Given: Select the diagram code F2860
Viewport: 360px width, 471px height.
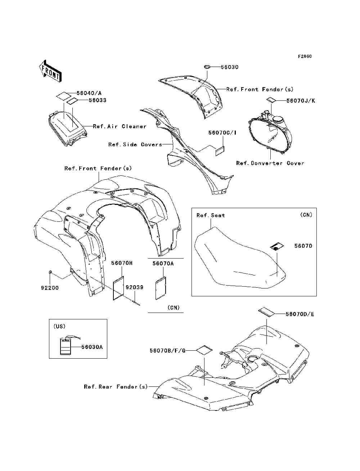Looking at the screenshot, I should tap(305, 57).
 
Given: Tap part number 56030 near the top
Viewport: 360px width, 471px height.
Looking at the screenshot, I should tap(229, 67).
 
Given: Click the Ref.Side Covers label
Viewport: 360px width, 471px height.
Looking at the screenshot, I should tap(135, 144).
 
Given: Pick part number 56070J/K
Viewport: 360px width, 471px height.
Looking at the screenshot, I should tap(301, 101).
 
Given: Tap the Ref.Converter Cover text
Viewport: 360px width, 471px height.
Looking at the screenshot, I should tap(270, 163).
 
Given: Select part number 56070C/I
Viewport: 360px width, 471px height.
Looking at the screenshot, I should tap(222, 133).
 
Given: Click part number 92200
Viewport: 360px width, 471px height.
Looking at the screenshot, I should tap(50, 288).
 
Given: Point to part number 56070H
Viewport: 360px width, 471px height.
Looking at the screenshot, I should tap(122, 263).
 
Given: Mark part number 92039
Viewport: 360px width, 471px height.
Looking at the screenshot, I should tap(134, 287).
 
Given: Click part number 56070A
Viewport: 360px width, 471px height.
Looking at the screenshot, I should tap(163, 263).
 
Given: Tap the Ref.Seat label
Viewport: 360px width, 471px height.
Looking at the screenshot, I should tap(211, 215).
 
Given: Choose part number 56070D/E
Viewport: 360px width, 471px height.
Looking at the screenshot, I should tap(300, 314).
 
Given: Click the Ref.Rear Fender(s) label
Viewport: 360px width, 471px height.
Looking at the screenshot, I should tap(116, 387).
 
